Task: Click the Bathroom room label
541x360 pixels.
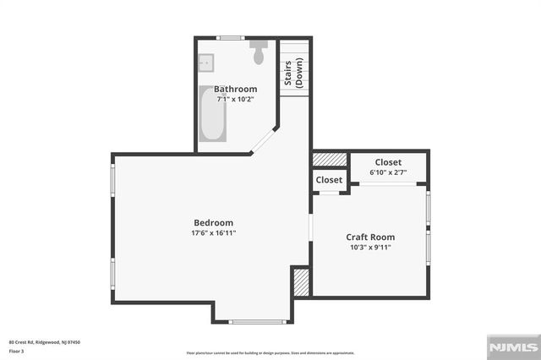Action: pyautogui.click(x=235, y=89)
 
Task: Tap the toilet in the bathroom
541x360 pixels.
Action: pyautogui.click(x=259, y=52)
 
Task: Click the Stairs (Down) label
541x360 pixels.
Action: pyautogui.click(x=293, y=74)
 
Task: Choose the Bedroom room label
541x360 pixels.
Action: pyautogui.click(x=212, y=222)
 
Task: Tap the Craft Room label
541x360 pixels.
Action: pyautogui.click(x=370, y=237)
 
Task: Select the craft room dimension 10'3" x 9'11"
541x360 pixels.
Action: pyautogui.click(x=370, y=248)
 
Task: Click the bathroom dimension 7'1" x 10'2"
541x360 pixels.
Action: pyautogui.click(x=235, y=99)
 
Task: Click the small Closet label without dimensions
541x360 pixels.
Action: pyautogui.click(x=329, y=180)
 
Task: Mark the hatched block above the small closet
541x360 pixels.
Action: pyautogui.click(x=330, y=159)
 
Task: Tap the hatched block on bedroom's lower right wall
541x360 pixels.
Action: pyautogui.click(x=301, y=281)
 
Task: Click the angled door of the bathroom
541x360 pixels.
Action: pyautogui.click(x=265, y=140)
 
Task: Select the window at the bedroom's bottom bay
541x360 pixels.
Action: pyautogui.click(x=252, y=321)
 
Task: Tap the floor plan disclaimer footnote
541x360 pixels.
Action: pyautogui.click(x=270, y=352)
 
